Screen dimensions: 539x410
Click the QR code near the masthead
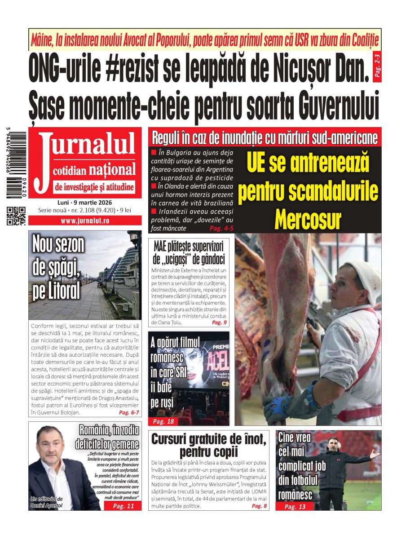[16, 216]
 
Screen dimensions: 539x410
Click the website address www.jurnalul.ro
[85, 221]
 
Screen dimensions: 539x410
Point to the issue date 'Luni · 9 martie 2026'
[85, 202]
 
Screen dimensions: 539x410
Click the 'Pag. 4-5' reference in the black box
[221, 228]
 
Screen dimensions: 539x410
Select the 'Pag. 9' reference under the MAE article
[219, 323]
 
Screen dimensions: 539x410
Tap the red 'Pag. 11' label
[123, 506]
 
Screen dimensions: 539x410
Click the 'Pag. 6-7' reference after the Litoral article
[129, 412]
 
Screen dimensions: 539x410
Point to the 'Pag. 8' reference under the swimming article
[259, 506]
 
